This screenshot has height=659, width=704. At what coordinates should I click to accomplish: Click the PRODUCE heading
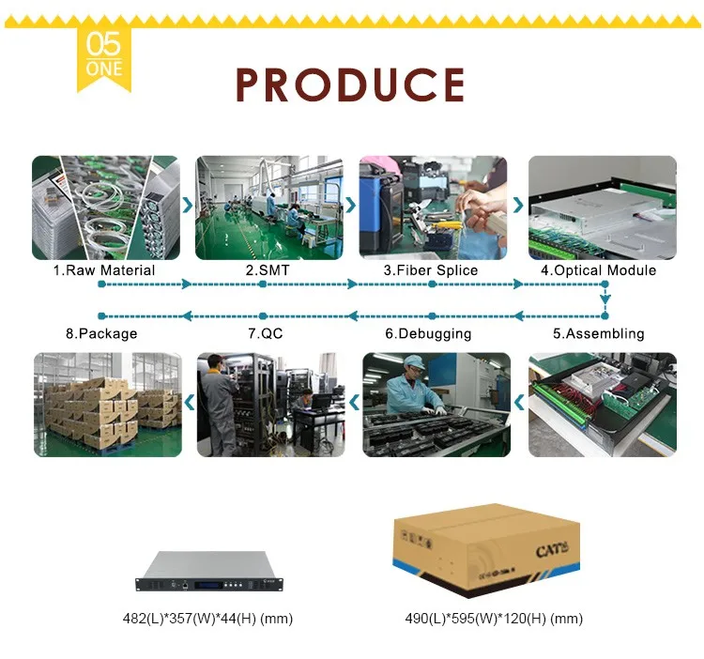tap(350, 84)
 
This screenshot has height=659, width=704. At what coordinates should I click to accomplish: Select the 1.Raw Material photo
tap(105, 207)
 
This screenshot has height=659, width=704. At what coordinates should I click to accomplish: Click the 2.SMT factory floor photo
tap(268, 207)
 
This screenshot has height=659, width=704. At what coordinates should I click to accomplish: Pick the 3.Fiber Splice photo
tap(433, 207)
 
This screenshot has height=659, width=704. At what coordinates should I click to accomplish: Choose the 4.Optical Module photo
tap(602, 207)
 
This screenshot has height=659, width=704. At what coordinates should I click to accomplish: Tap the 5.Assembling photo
tap(602, 405)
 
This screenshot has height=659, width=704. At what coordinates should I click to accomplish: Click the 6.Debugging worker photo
tap(436, 405)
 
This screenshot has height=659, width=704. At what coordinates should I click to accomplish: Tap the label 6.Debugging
tap(428, 333)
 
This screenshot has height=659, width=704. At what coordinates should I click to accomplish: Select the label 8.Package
tap(101, 333)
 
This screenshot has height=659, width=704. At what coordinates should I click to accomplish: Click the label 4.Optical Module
tap(598, 270)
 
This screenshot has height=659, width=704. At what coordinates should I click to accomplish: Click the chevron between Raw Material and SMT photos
tap(187, 204)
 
